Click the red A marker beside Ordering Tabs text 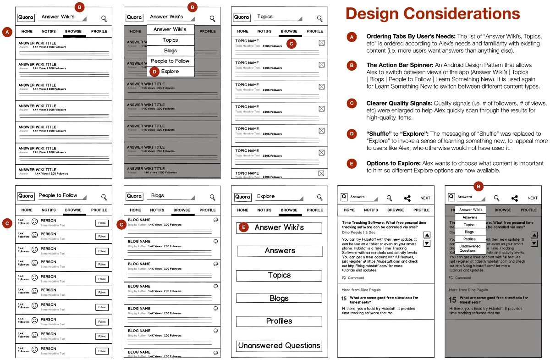pos(352,38)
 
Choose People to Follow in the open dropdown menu pos(170,61)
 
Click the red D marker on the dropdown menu pos(154,72)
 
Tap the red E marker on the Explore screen pos(244,227)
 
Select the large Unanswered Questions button pos(279,346)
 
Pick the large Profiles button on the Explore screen pos(279,321)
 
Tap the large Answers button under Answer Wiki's pos(280,251)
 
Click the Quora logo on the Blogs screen pos(134,196)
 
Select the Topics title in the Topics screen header pos(265,17)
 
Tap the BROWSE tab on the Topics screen pos(289,31)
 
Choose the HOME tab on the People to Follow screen pos(27,210)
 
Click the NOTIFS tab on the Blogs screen pos(157,210)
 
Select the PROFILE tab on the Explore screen pos(315,210)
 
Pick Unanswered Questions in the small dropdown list pos(470,248)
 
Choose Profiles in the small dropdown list pos(470,239)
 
